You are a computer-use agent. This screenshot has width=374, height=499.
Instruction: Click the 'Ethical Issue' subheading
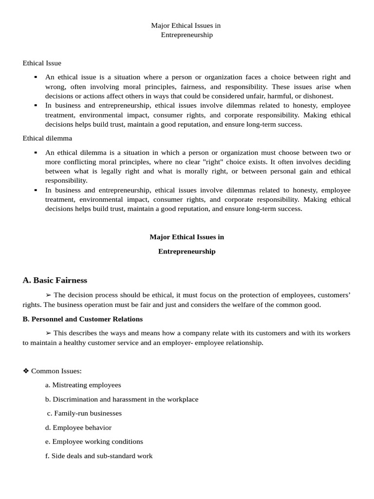tap(42, 63)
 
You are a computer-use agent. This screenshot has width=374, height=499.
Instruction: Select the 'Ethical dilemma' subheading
tap(47, 138)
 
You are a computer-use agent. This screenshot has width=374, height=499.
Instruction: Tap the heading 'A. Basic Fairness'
tap(55, 280)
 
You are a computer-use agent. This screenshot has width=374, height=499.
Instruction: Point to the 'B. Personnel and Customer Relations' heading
tap(83, 319)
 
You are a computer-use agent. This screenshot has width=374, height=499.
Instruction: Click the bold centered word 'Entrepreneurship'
tap(187, 251)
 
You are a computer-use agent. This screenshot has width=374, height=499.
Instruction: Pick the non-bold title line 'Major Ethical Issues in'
tap(186, 25)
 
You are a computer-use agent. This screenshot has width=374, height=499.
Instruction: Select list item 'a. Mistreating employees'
tap(83, 385)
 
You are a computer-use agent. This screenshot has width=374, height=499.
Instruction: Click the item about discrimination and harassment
tap(122, 399)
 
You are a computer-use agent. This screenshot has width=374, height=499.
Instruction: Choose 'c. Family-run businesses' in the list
tap(84, 413)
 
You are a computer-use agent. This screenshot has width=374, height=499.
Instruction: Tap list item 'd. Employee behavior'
tap(78, 427)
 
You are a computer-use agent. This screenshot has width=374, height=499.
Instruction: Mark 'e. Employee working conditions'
tap(94, 441)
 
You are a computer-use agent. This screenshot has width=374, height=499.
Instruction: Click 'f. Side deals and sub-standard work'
tap(99, 456)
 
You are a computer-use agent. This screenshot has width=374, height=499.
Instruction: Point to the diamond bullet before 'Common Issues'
tap(26, 371)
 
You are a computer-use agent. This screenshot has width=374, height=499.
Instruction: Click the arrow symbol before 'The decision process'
tap(48, 295)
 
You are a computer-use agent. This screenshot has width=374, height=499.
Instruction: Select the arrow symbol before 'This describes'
tap(48, 333)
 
